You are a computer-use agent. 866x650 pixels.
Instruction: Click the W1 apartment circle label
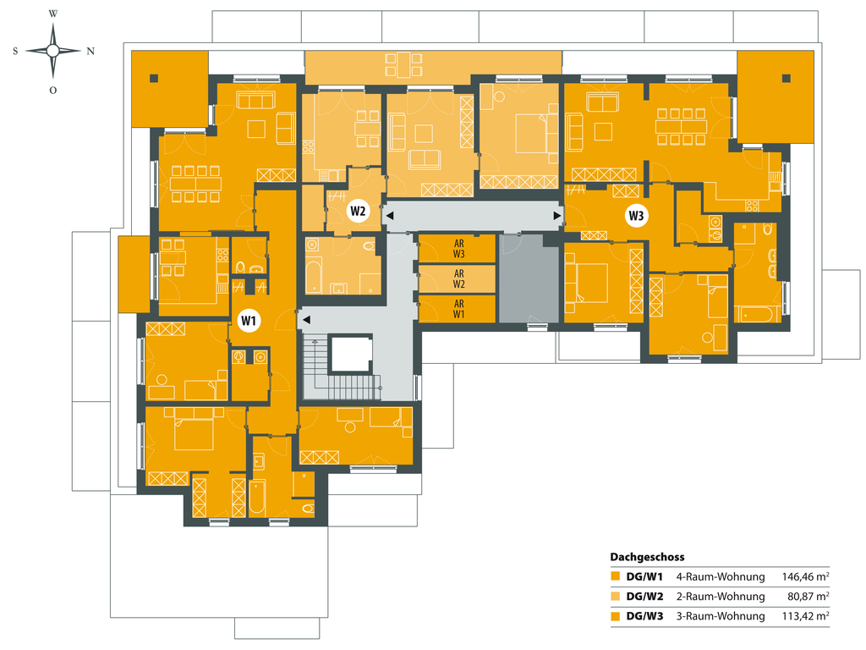click(x=249, y=321)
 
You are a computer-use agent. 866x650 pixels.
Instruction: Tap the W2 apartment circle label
click(x=358, y=211)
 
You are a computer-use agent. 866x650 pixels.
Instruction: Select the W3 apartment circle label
click(x=636, y=216)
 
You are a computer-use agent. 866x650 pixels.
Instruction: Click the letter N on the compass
click(x=90, y=52)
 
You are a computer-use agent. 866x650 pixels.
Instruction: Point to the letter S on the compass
click(x=15, y=52)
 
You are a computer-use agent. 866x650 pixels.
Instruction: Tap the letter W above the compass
click(x=53, y=14)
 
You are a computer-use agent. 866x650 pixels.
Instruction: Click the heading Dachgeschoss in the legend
click(x=647, y=557)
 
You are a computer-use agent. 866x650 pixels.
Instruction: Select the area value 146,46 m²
click(x=805, y=577)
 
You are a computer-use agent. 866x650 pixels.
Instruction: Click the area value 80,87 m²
click(x=808, y=597)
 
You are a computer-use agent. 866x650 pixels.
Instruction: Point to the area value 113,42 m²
click(x=805, y=616)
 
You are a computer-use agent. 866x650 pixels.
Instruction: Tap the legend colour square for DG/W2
click(x=616, y=597)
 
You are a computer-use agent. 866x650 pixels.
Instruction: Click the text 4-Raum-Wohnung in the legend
click(x=721, y=577)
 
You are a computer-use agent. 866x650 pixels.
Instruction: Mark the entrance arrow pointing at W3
click(x=557, y=216)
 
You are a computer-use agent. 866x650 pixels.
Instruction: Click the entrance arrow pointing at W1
click(x=306, y=319)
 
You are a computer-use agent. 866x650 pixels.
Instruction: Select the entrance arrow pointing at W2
click(x=389, y=216)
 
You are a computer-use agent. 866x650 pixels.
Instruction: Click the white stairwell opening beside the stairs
click(x=351, y=355)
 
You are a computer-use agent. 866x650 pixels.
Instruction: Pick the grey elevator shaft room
click(x=529, y=278)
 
